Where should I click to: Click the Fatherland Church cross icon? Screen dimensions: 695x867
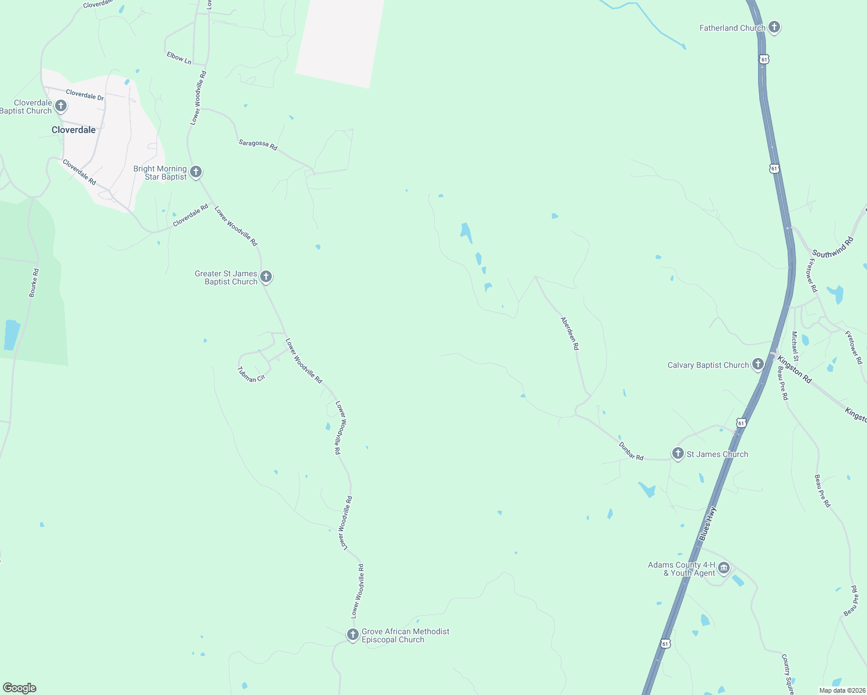[774, 27]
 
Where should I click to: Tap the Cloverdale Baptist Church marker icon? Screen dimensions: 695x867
[60, 106]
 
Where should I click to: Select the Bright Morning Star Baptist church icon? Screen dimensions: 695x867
[196, 171]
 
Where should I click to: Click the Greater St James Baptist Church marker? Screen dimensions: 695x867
[265, 277]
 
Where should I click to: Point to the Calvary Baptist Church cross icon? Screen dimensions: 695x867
[757, 364]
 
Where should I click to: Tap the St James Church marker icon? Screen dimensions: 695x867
[678, 453]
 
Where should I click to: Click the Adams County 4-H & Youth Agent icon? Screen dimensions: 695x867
[724, 569]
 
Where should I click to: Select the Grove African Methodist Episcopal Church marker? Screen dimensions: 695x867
[352, 635]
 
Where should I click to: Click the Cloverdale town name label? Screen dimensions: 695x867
[74, 130]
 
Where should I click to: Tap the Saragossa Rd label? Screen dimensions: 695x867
[258, 144]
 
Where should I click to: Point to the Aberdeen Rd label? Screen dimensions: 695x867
[570, 333]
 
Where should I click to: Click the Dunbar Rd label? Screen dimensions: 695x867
[631, 451]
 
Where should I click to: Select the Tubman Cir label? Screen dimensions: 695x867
[251, 375]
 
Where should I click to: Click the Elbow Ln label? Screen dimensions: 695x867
[178, 57]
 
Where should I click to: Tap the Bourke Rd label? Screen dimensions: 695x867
[34, 283]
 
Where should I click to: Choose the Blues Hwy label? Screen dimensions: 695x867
[708, 524]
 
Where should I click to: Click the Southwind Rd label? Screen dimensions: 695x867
[833, 247]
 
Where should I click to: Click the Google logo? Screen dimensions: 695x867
[20, 688]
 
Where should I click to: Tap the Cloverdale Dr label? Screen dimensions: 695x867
[85, 94]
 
